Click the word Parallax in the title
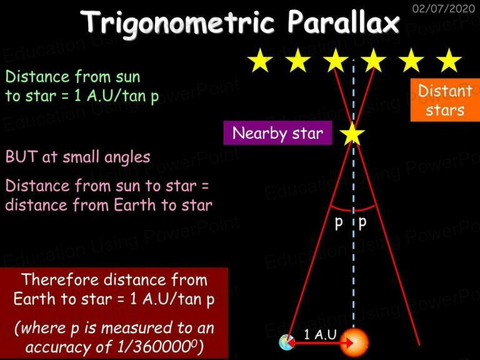click(343, 21)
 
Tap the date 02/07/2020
click(443, 8)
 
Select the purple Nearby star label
click(277, 133)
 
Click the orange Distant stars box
click(445, 100)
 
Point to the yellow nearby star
click(352, 134)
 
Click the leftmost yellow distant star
click(260, 60)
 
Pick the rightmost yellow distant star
click(449, 60)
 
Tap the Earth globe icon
click(286, 342)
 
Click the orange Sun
click(354, 343)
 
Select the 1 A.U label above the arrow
click(320, 334)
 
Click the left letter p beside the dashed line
click(339, 223)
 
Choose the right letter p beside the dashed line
click(362, 223)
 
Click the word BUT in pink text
click(21, 157)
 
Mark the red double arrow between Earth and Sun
click(320, 344)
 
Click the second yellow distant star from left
click(298, 60)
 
